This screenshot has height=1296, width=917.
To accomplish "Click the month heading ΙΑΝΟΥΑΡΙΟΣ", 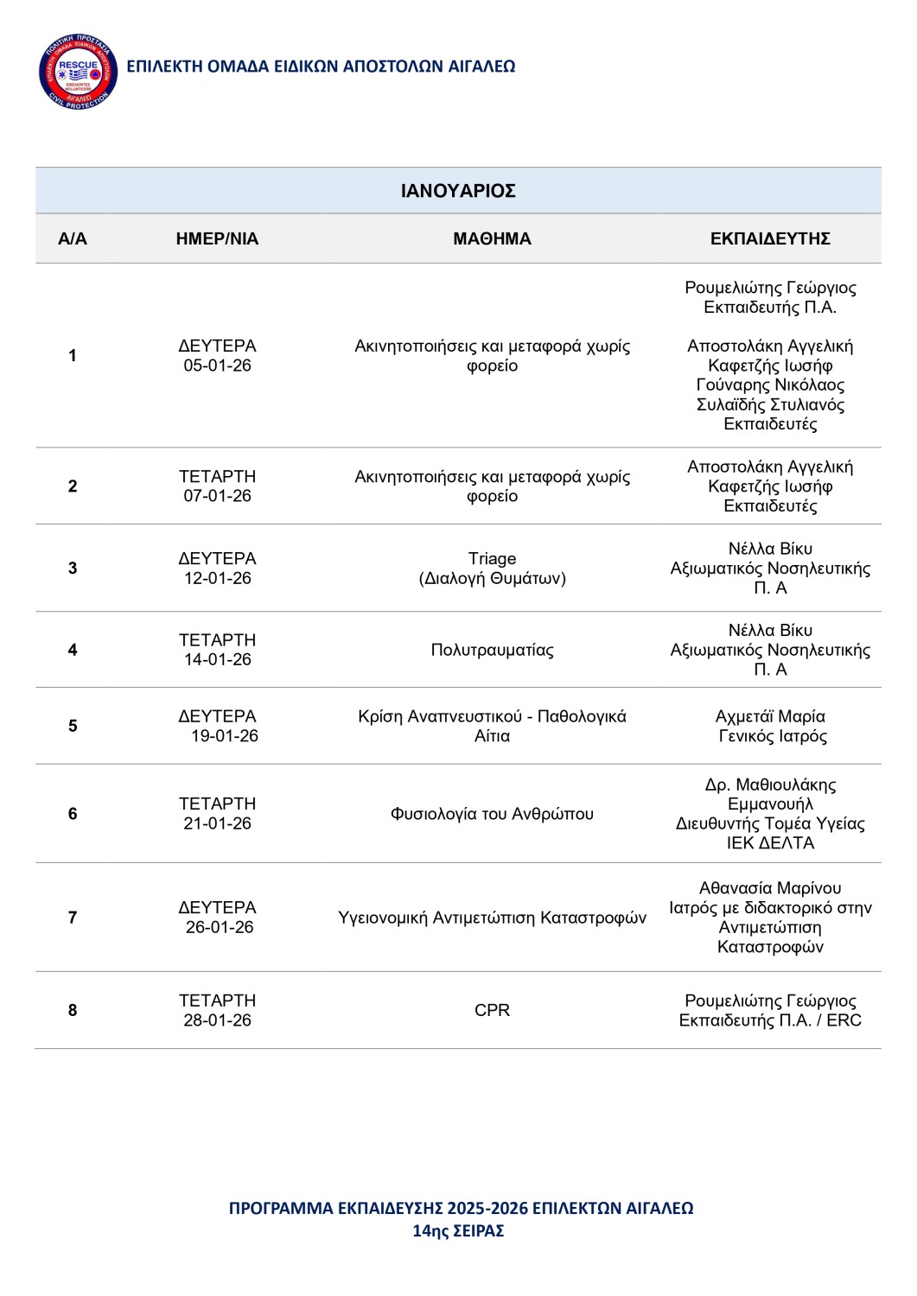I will click(458, 191).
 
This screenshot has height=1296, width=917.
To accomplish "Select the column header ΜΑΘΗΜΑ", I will click(492, 239).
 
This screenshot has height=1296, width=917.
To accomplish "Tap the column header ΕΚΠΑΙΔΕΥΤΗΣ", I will click(770, 239).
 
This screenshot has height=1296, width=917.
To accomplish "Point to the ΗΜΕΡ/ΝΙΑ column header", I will click(217, 239).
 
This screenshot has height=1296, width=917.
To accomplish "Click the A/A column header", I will click(73, 239).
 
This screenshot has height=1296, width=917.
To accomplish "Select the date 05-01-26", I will click(217, 365).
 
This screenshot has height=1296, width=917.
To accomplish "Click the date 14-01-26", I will click(217, 660).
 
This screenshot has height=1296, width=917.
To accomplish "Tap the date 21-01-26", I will click(217, 823).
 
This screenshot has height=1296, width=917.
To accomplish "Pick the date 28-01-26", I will click(217, 1020).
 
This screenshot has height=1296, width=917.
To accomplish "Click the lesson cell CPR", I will click(492, 1010).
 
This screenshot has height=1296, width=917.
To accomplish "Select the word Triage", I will click(492, 559).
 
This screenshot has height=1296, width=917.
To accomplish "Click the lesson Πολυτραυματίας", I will click(492, 650).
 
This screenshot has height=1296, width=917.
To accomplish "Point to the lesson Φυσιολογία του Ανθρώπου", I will click(492, 814).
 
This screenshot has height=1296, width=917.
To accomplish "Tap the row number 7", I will click(73, 918).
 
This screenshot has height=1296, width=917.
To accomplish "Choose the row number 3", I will click(73, 569).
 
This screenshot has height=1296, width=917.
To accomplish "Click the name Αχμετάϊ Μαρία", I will click(770, 716).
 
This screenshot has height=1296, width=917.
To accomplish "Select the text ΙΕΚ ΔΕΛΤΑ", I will click(770, 843).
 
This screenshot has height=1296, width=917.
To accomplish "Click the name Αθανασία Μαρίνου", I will click(770, 888).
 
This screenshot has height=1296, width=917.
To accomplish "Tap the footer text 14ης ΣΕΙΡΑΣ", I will click(458, 1231).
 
